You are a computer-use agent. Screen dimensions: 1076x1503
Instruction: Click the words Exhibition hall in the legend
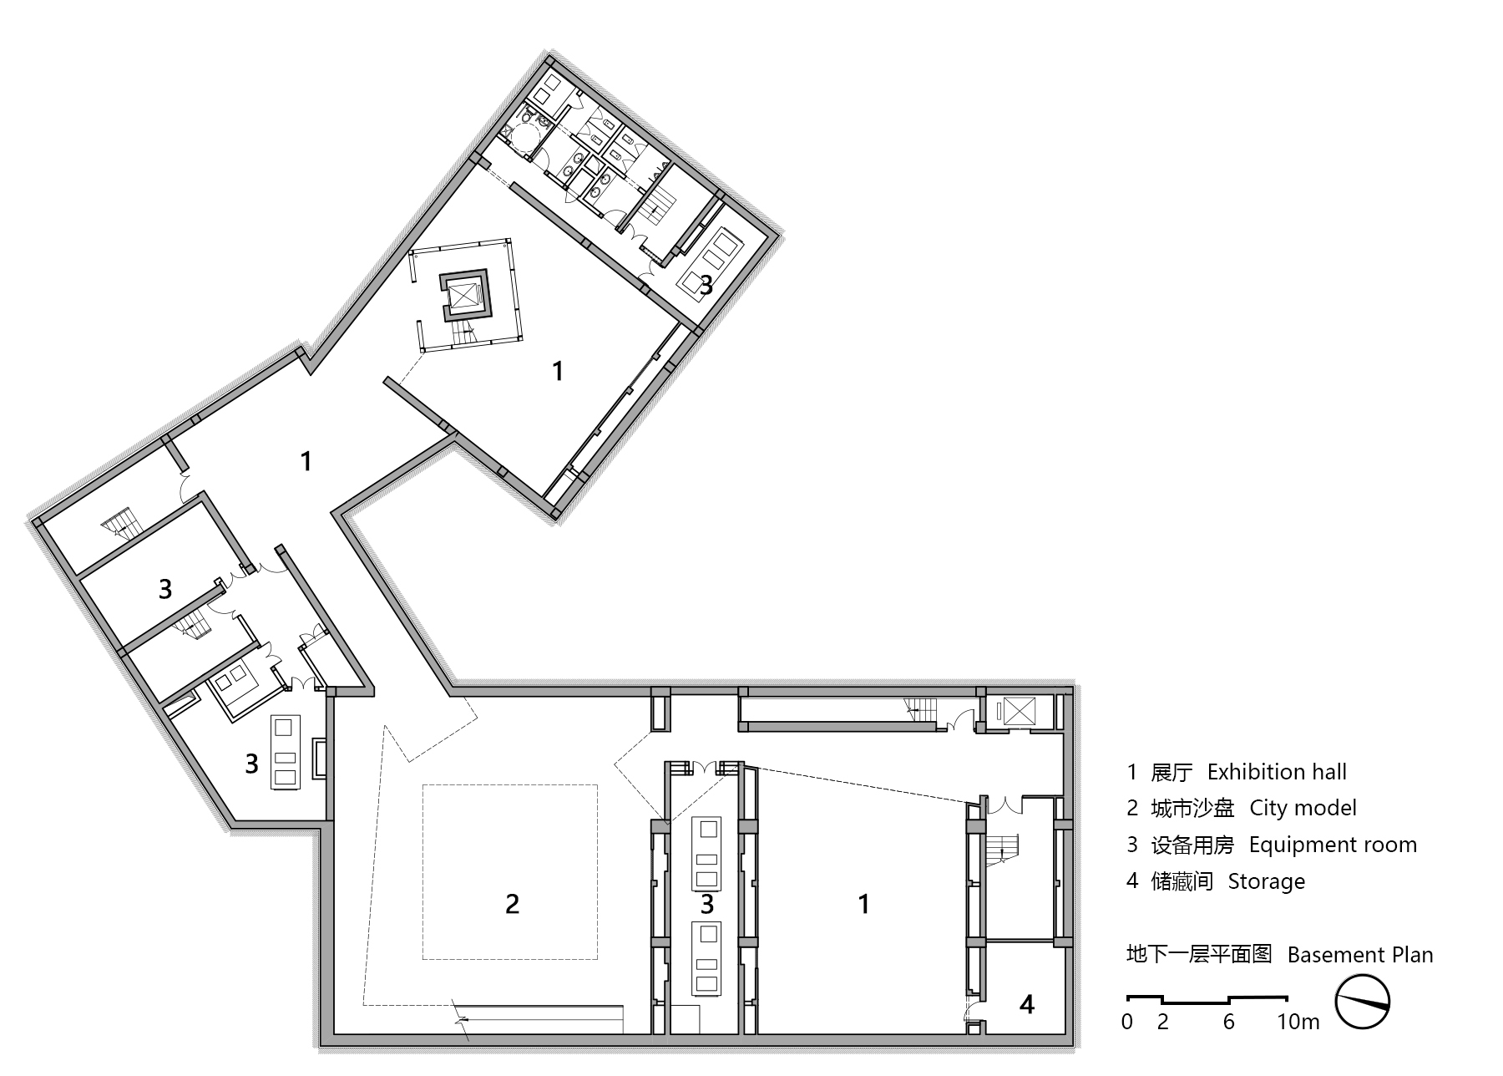(x=1277, y=772)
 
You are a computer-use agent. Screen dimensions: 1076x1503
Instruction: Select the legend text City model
(x=1303, y=808)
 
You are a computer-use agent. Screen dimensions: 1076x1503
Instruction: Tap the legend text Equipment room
(x=1333, y=845)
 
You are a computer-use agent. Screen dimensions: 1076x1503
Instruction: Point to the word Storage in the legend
(x=1266, y=881)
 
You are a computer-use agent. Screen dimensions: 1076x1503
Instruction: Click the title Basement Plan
(x=1359, y=955)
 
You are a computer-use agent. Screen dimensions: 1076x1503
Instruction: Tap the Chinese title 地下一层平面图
(x=1198, y=954)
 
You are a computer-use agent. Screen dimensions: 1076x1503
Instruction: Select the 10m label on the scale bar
(x=1298, y=1022)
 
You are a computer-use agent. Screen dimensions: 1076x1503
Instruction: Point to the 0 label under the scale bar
(x=1127, y=1022)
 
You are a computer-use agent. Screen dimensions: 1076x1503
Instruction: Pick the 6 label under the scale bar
(x=1228, y=1022)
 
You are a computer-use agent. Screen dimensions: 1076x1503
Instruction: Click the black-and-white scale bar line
(x=1207, y=998)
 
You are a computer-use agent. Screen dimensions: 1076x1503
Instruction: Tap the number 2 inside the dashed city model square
(x=512, y=903)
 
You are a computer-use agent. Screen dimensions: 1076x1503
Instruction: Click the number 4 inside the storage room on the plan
(x=1027, y=1004)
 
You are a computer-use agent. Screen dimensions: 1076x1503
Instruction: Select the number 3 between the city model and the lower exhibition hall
(x=707, y=903)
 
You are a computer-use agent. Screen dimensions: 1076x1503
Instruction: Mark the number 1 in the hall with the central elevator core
(x=558, y=371)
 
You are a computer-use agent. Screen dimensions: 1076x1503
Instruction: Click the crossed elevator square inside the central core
(x=464, y=297)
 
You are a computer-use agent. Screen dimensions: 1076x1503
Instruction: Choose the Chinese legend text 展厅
(x=1172, y=772)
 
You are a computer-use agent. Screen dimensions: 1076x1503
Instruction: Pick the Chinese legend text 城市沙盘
(x=1192, y=808)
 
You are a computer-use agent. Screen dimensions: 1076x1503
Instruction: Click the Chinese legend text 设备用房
(x=1192, y=845)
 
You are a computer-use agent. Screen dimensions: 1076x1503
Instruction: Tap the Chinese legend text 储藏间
(x=1182, y=881)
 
